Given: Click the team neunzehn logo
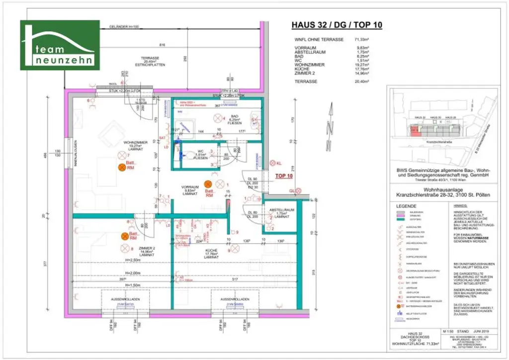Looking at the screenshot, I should coord(60,45).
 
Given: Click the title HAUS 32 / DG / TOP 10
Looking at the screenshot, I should coord(337,25).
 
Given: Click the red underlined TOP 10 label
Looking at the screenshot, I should coord(284,176).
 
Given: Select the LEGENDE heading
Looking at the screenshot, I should coord(403,206).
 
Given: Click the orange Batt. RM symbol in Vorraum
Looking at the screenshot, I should coord(208,183).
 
